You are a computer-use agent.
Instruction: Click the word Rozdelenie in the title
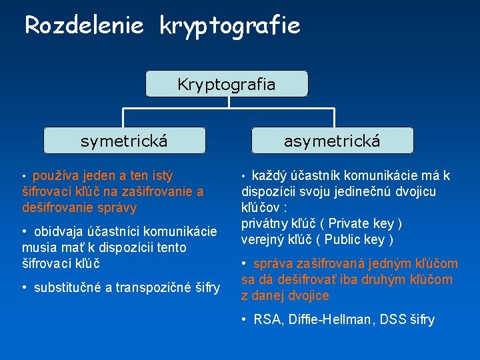point(84,25)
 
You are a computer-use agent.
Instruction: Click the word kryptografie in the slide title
point(229,27)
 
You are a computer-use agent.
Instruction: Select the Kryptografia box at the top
point(227,85)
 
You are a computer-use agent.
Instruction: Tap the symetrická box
point(124,141)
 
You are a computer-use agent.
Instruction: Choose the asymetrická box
point(332,141)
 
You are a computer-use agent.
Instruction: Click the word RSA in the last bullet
point(267,320)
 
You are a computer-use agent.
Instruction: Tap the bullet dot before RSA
point(245,320)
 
